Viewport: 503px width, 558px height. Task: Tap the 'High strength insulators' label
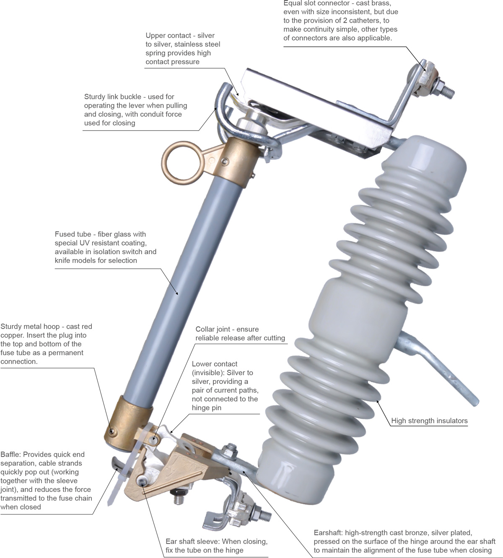click(x=429, y=421)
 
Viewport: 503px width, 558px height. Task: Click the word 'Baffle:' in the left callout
click(x=10, y=454)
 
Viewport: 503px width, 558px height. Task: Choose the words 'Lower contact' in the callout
click(x=215, y=364)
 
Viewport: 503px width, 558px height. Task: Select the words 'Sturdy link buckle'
click(x=113, y=97)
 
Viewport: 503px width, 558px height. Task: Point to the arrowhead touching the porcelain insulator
click(x=378, y=401)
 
